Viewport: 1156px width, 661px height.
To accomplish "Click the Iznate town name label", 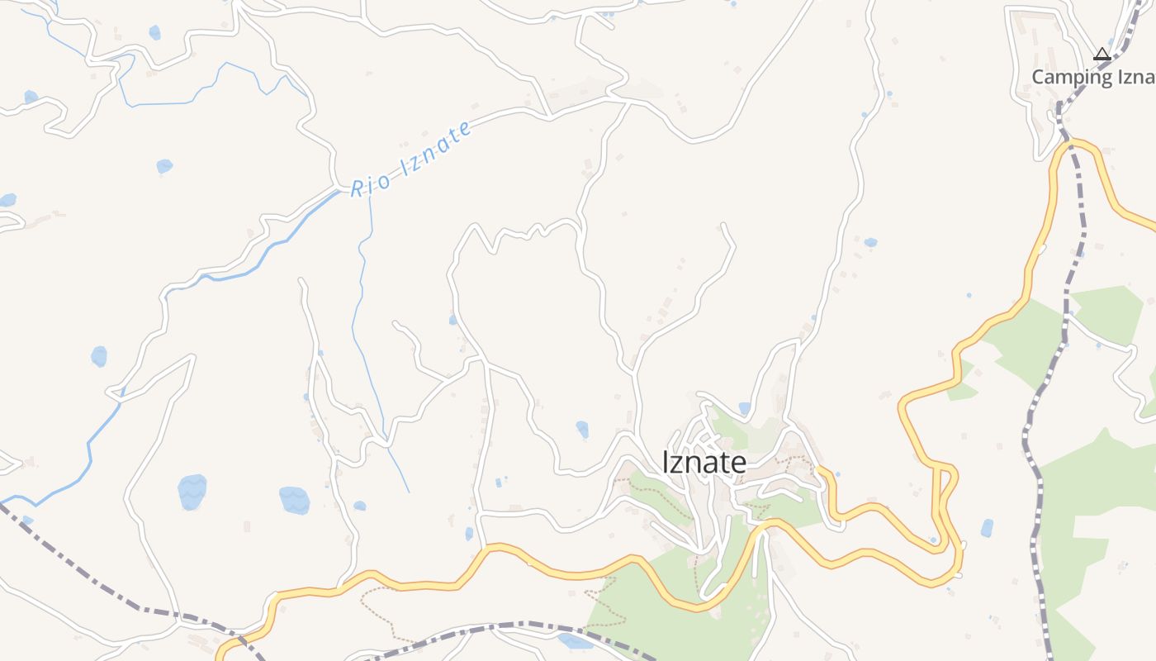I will pos(704,463).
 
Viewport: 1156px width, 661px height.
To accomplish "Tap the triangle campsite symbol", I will pos(1102,55).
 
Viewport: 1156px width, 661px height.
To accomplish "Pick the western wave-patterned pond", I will pos(192,492).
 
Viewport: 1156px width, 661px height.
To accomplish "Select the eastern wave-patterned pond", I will pos(294,500).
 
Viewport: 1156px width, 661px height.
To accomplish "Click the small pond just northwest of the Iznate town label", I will pos(582,429).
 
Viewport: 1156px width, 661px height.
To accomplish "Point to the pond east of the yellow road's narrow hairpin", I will pos(987,528).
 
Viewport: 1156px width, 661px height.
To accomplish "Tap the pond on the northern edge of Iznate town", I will pos(745,407).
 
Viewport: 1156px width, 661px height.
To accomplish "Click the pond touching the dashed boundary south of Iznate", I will pos(575,641).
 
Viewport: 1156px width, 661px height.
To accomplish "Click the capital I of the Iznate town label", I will pos(666,463).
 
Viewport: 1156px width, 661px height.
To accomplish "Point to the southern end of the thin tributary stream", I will pos(409,492).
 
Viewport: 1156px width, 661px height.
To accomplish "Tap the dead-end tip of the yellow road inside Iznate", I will pos(821,469).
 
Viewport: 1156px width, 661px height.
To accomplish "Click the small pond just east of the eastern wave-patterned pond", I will pos(359,506).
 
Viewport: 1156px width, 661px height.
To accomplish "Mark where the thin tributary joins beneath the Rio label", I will pos(369,197).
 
